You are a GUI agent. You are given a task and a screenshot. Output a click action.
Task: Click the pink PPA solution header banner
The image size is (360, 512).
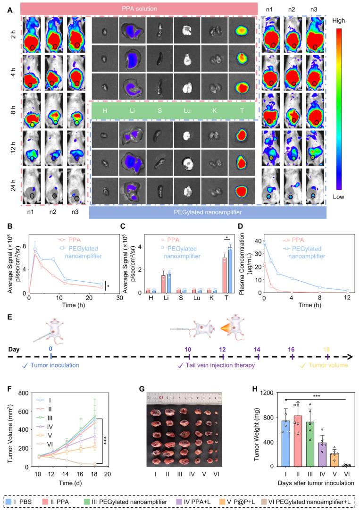point(139,8)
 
